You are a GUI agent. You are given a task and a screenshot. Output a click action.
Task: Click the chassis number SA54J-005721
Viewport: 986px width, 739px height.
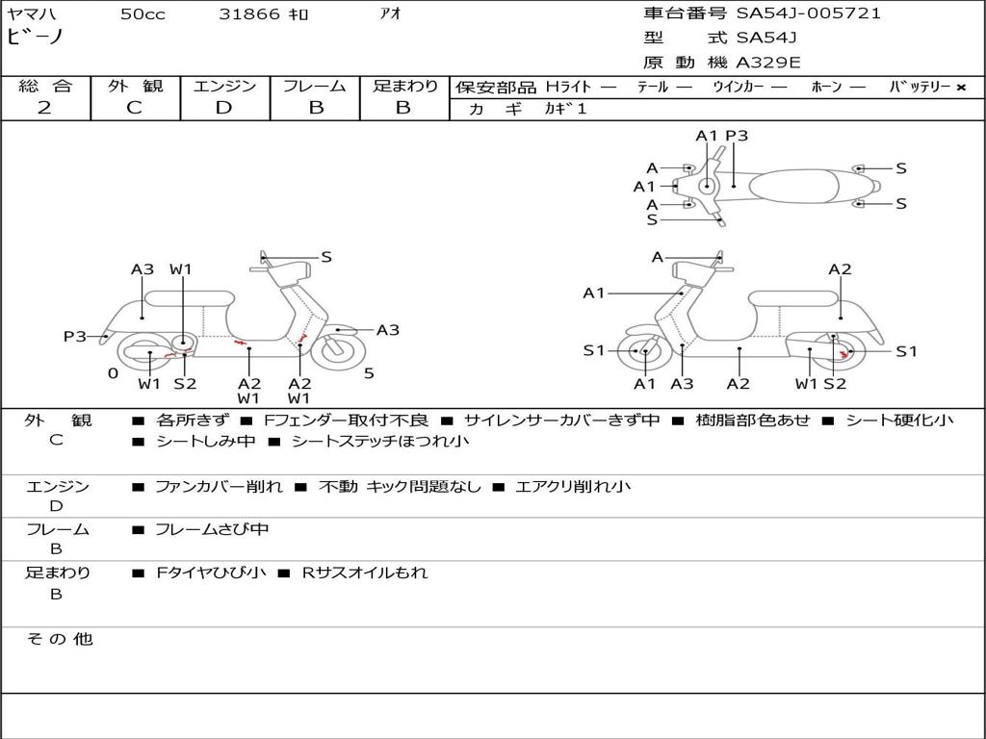pos(809,13)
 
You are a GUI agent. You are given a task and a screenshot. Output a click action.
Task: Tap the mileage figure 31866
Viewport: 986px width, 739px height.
pos(249,14)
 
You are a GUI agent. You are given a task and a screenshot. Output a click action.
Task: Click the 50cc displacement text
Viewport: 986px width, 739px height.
pos(143,14)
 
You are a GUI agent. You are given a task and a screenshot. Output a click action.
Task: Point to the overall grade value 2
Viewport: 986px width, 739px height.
pos(44,108)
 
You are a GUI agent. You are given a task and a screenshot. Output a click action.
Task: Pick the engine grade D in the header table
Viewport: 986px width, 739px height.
pos(223,108)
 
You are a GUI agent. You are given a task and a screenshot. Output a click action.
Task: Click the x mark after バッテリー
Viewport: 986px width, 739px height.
pos(961,88)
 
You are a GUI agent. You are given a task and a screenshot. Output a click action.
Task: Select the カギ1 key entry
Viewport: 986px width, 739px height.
pos(565,109)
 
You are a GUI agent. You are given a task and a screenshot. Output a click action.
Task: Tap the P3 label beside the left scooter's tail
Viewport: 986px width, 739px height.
pos(75,336)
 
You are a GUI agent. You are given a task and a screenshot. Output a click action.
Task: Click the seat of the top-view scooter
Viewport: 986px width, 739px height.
pos(793,186)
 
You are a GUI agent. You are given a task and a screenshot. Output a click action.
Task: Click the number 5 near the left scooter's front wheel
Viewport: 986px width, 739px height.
pos(369,373)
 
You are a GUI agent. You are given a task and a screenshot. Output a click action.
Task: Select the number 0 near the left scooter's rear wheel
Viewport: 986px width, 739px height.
pos(114,373)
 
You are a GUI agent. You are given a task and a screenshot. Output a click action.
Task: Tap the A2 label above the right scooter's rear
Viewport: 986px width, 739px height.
pos(840,269)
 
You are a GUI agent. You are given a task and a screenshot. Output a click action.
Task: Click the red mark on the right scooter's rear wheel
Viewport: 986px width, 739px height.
pos(843,356)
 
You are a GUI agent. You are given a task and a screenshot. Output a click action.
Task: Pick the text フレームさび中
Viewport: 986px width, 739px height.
pos(212,530)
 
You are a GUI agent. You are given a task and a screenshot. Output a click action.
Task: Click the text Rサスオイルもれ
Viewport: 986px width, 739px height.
pos(365,573)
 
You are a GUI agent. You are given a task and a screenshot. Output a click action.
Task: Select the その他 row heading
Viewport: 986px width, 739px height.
pos(60,639)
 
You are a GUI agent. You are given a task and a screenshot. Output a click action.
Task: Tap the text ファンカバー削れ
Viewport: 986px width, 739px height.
pos(219,486)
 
